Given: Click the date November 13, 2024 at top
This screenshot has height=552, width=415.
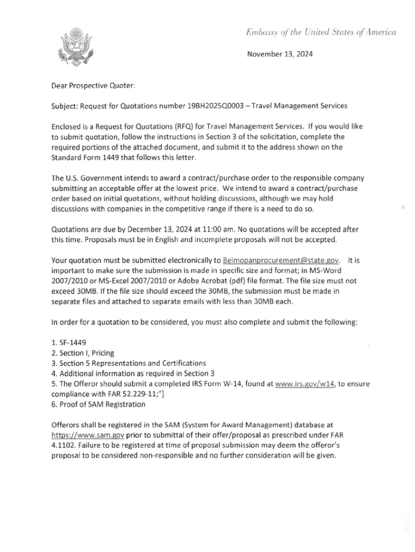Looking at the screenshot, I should click(x=280, y=54).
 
